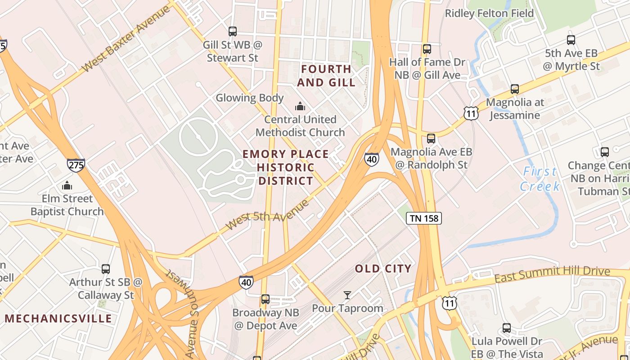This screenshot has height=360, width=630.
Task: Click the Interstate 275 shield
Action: (x=76, y=165)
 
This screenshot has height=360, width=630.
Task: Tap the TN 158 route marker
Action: (x=424, y=219)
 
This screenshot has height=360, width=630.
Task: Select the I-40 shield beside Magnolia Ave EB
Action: (x=371, y=159)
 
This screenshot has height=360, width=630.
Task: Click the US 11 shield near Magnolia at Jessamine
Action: (x=471, y=113)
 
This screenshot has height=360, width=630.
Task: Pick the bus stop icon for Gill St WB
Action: (x=232, y=31)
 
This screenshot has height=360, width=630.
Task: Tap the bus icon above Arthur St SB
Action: (x=106, y=269)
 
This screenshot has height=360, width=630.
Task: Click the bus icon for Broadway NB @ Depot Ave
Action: (x=265, y=299)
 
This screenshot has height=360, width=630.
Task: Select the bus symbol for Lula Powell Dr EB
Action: (x=507, y=328)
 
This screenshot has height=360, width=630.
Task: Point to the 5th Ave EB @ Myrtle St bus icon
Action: (x=571, y=40)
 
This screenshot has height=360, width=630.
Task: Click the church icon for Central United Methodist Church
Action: (x=300, y=106)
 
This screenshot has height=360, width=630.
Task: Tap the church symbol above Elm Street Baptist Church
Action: (x=67, y=185)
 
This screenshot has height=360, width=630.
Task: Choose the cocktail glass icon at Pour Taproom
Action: (x=347, y=295)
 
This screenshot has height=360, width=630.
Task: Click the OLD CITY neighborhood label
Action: (x=383, y=269)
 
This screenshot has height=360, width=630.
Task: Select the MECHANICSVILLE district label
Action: (x=58, y=319)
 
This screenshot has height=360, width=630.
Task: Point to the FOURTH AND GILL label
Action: (x=326, y=76)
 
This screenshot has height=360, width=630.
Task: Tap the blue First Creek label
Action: (x=540, y=179)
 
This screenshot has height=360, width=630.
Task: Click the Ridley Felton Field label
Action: (x=489, y=13)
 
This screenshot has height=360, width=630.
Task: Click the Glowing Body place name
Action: (x=250, y=98)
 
